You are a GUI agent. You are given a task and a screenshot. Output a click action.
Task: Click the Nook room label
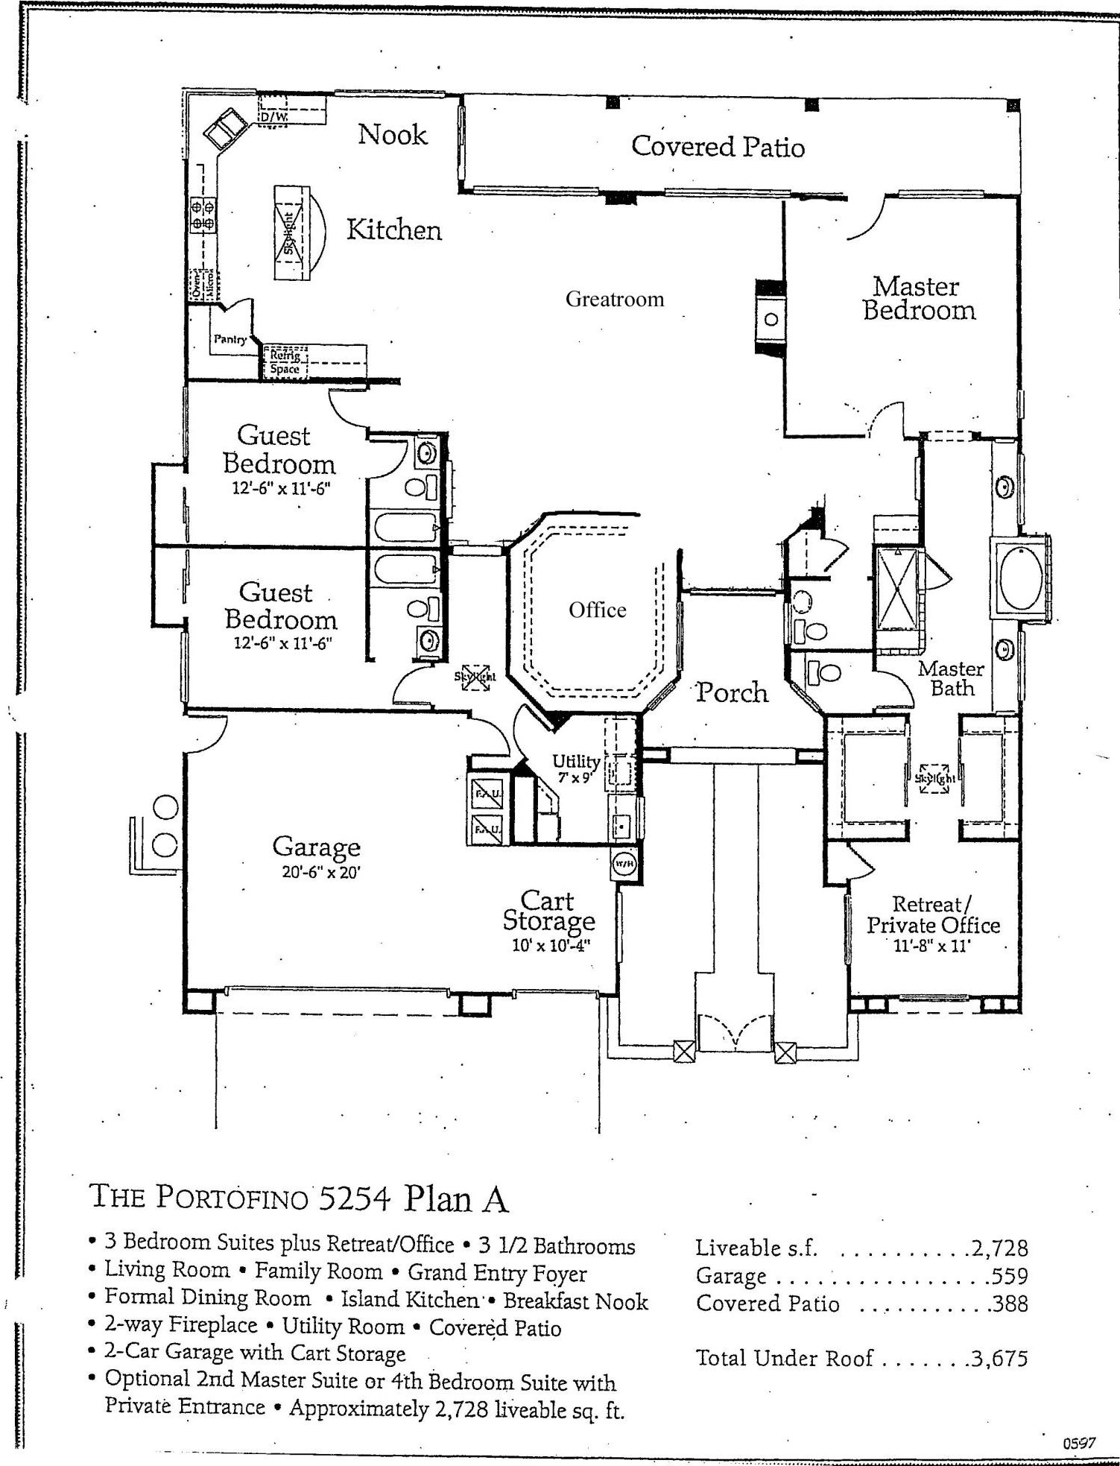(x=393, y=135)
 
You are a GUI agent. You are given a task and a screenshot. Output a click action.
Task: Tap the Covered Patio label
(x=718, y=146)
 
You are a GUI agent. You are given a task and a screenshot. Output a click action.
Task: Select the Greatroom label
(x=614, y=299)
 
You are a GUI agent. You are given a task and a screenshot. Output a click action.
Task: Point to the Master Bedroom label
(x=919, y=298)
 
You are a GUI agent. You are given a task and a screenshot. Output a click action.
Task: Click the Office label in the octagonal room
(x=597, y=610)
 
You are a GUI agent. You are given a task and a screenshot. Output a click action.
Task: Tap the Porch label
(x=732, y=692)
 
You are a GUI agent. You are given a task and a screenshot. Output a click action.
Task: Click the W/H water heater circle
(x=622, y=864)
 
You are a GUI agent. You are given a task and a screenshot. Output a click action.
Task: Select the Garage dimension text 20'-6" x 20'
(x=321, y=871)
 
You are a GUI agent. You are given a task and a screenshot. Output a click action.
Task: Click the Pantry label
(x=230, y=339)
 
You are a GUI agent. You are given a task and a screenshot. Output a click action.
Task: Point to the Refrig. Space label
(x=285, y=362)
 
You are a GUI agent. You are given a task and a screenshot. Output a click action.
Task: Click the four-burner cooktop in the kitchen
(x=203, y=212)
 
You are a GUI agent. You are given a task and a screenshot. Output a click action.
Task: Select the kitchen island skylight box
(x=290, y=232)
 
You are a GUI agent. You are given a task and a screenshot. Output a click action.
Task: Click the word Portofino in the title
(x=232, y=1197)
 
